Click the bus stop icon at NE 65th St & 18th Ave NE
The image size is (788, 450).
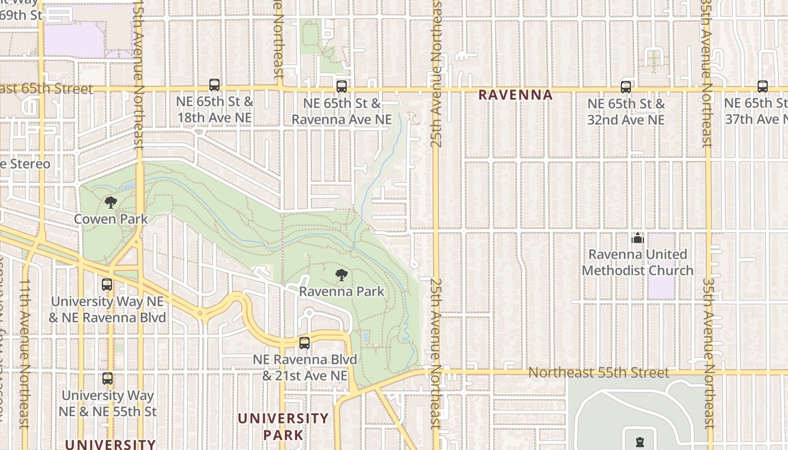coord(214,85)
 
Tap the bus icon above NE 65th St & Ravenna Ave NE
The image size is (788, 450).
coord(342,87)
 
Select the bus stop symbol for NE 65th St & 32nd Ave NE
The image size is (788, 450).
coord(626,87)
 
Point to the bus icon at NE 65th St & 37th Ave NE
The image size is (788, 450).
coord(763,87)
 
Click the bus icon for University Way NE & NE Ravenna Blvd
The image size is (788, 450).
coord(107,285)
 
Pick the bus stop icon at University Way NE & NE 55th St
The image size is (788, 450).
coord(107,379)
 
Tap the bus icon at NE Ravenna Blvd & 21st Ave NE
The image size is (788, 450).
coord(305,343)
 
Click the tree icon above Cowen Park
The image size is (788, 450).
coord(111,202)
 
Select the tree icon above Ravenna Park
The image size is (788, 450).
coord(341,275)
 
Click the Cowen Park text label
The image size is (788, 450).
coord(111,219)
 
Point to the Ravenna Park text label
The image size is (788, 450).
coord(342,291)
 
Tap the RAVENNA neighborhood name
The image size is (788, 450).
coord(516,95)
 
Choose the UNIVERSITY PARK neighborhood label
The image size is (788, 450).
coord(283,426)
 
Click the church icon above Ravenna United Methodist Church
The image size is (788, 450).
coord(637,238)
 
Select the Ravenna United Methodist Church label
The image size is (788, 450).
coord(637,262)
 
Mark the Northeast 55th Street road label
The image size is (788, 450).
coord(599,372)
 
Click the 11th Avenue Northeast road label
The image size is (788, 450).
coord(24,354)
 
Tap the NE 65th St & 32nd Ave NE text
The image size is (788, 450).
coord(626,111)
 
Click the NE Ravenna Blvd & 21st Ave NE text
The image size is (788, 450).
coord(305,367)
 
